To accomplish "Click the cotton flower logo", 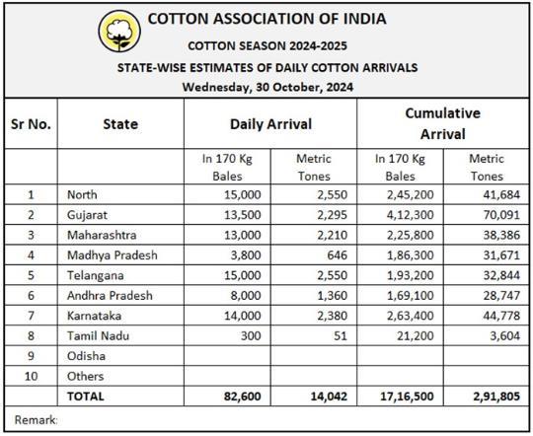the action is pyautogui.click(x=119, y=31).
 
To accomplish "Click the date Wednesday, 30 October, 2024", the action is pyautogui.click(x=267, y=87).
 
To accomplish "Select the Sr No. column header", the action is pyautogui.click(x=31, y=124).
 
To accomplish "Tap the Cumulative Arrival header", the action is pyautogui.click(x=442, y=123).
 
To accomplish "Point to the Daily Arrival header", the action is pyautogui.click(x=270, y=124).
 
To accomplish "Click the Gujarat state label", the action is pyautogui.click(x=87, y=215).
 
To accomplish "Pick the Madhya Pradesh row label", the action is pyautogui.click(x=113, y=255).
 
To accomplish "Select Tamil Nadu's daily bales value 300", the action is pyautogui.click(x=251, y=335).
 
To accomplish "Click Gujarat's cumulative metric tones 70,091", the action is pyautogui.click(x=501, y=215).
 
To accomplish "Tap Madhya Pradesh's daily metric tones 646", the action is pyautogui.click(x=338, y=255).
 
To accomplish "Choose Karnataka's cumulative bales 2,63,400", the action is pyautogui.click(x=411, y=316).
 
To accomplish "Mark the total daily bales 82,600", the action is pyautogui.click(x=243, y=397).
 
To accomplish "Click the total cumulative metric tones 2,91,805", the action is pyautogui.click(x=496, y=397).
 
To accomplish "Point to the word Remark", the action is pyautogui.click(x=36, y=420).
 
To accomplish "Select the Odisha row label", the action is pyautogui.click(x=86, y=356).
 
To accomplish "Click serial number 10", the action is pyautogui.click(x=31, y=376).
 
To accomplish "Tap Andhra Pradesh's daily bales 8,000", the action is pyautogui.click(x=246, y=295).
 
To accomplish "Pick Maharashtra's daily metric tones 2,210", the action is pyautogui.click(x=332, y=235).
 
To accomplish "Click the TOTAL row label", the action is pyautogui.click(x=85, y=397).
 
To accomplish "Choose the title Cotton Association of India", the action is pyautogui.click(x=266, y=19).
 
